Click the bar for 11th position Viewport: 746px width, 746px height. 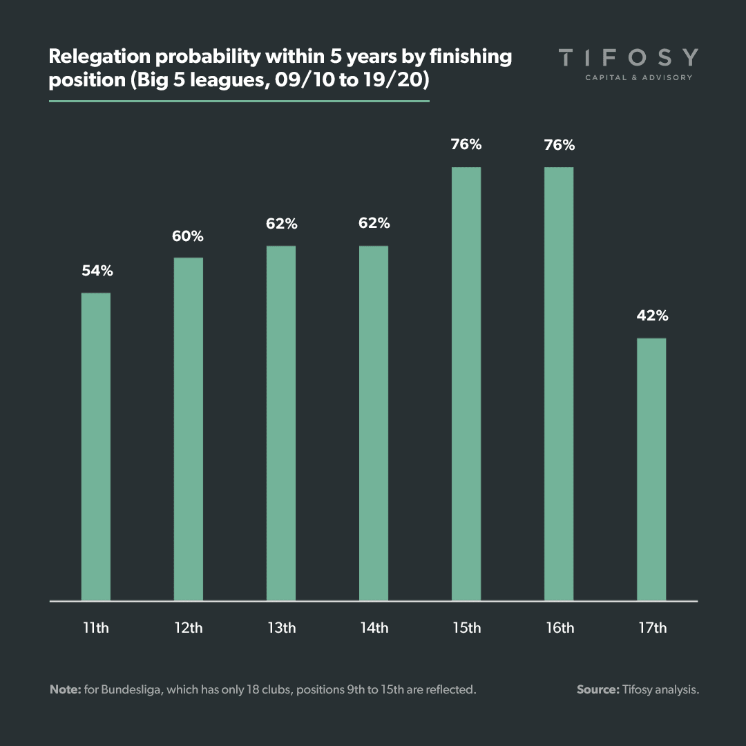pos(96,447)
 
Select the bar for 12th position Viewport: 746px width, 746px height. pos(189,429)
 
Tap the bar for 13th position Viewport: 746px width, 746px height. pos(281,423)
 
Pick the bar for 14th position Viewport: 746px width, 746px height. pos(374,423)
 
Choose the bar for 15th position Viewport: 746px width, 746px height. pos(466,384)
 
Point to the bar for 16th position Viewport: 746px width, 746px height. pos(559,384)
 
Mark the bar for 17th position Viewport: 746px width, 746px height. pos(651,470)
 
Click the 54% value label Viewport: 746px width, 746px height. pos(97,271)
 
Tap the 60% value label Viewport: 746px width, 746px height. pos(189,236)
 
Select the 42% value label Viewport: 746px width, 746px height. pos(652,316)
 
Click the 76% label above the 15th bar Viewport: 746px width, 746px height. pos(466,145)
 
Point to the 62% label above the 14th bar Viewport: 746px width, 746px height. pos(374,224)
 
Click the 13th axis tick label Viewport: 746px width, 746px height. pos(281,628)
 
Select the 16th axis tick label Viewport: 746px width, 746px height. pos(559,628)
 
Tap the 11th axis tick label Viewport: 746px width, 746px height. pos(96,628)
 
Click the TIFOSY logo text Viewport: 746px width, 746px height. pos(628,57)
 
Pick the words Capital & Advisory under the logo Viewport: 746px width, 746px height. pos(638,77)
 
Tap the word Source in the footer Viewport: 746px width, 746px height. pos(597,689)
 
